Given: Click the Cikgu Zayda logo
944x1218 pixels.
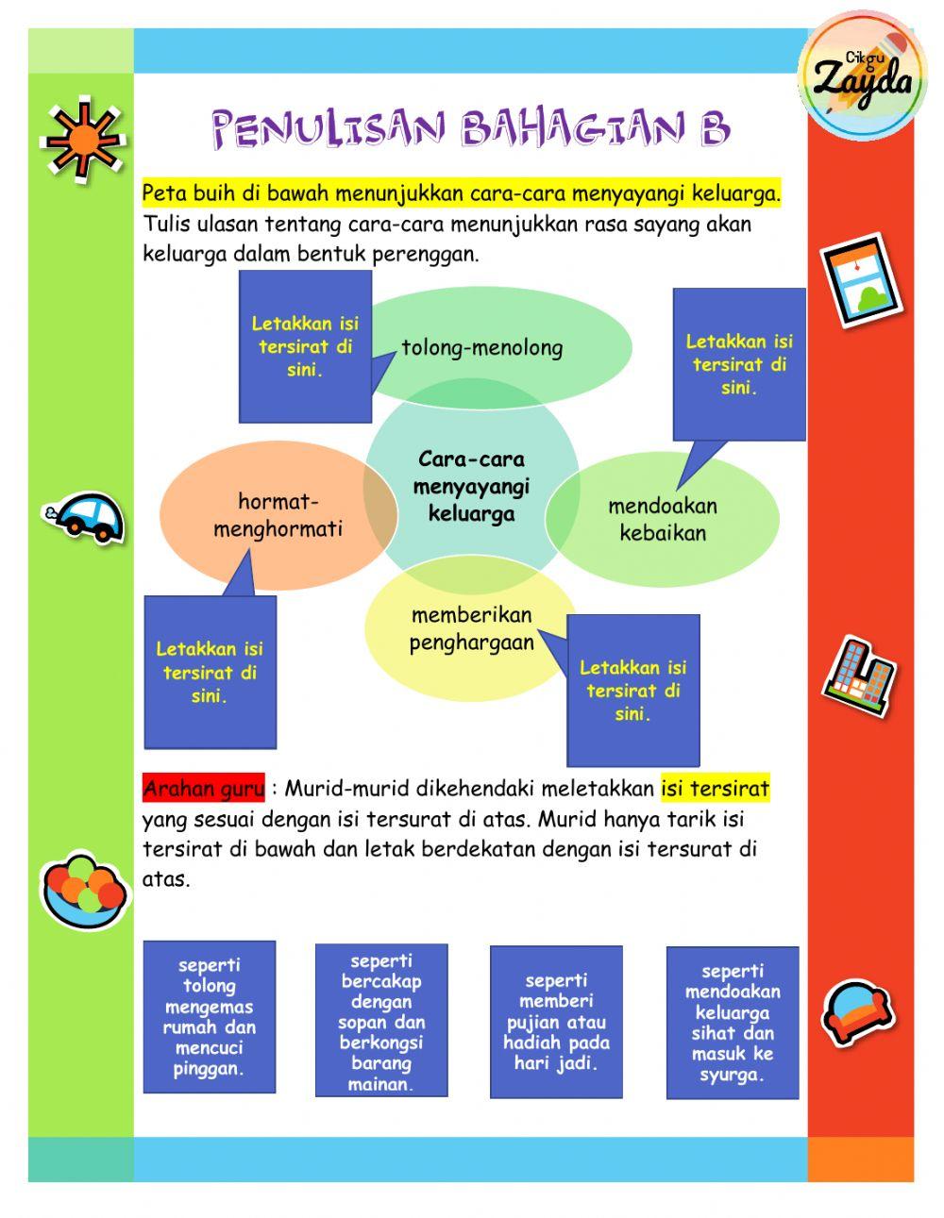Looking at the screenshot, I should pos(858,75).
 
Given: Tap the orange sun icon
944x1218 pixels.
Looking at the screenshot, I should pos(83,139).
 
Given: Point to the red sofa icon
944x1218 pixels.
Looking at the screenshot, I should pos(856,1012).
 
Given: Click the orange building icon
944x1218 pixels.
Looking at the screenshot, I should pos(857,672).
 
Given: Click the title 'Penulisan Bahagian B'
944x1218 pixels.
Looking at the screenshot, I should pos(470,128).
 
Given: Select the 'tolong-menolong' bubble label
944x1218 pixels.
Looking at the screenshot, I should pos(481,347).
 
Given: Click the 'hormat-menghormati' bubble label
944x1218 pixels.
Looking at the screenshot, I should pos(278,515).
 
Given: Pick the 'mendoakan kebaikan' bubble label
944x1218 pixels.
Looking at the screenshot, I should pos(663,519).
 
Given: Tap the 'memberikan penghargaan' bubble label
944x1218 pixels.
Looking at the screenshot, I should pos(471,628).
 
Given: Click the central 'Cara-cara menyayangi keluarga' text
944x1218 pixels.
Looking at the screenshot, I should pos(471,487).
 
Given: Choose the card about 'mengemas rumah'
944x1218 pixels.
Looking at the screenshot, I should pos(209,1017).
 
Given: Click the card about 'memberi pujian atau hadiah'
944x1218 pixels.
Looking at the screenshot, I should pos(556,1022).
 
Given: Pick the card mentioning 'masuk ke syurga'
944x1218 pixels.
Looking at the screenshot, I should pos(732,1023).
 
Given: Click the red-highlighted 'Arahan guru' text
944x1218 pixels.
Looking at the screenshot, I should pos(203,788).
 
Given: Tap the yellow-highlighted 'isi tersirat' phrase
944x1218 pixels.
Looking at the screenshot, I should pos(715,788).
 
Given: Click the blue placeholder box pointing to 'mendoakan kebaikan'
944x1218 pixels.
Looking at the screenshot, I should pos(738,364).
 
